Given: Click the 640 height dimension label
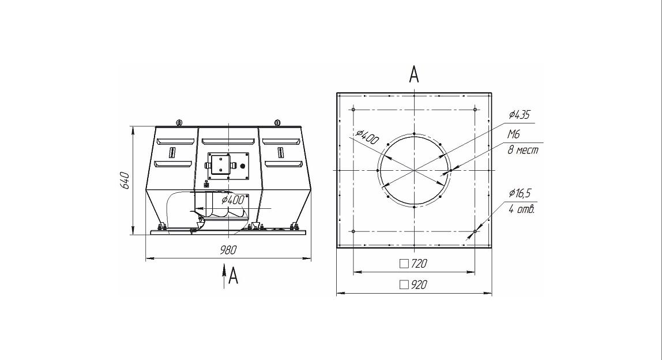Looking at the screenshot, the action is (x=125, y=181).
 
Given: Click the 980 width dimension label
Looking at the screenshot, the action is (x=228, y=250).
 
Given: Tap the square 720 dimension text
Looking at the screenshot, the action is (x=413, y=264).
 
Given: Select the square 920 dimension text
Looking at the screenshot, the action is (x=413, y=285).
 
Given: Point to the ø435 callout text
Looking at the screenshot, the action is (x=520, y=114).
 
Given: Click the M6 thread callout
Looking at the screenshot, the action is (x=513, y=134).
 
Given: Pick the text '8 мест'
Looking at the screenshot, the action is (x=522, y=149).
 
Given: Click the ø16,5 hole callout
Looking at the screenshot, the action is (x=520, y=193).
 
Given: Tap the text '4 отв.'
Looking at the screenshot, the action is (x=522, y=209).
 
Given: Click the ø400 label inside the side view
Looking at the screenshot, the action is (x=232, y=200).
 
